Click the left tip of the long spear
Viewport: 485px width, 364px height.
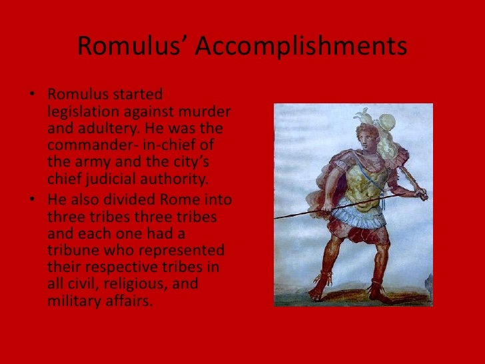click(x=276, y=218)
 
